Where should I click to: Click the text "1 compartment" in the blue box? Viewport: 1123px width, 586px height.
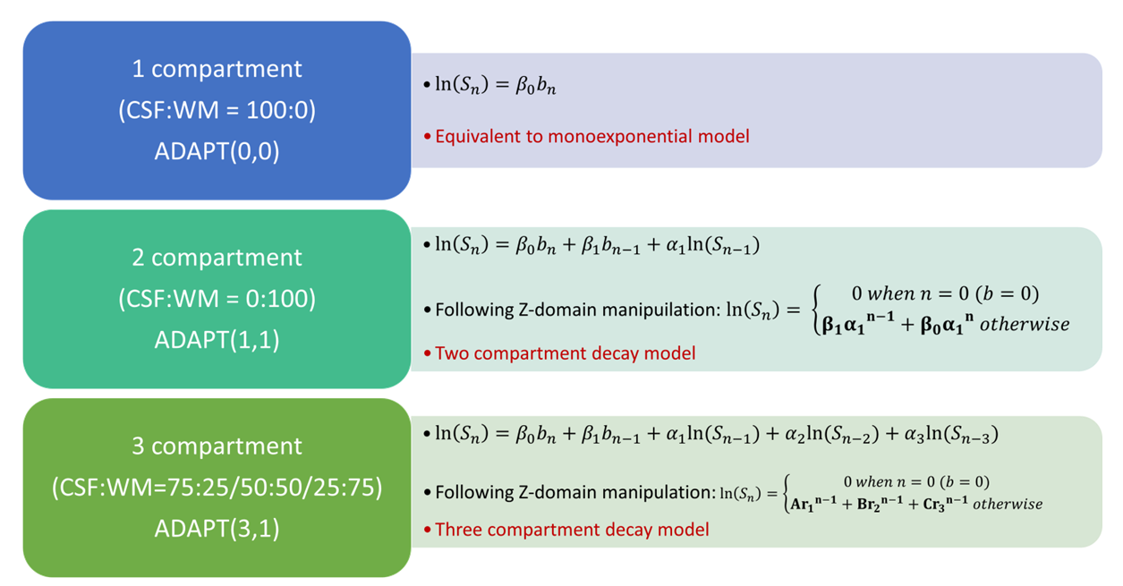click(217, 69)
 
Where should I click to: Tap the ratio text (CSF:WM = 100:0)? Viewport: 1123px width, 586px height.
click(217, 110)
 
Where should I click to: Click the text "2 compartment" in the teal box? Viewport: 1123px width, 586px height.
click(217, 258)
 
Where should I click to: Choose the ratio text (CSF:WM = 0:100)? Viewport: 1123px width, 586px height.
click(217, 299)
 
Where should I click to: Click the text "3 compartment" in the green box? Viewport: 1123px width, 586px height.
click(217, 446)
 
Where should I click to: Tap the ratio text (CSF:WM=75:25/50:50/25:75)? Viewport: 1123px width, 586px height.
click(217, 488)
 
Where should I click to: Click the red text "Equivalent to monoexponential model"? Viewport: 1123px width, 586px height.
click(592, 137)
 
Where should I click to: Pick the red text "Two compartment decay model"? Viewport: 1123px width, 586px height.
click(566, 353)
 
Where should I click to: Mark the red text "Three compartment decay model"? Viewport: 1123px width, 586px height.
click(572, 530)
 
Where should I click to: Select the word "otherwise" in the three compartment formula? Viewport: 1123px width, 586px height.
click(1008, 504)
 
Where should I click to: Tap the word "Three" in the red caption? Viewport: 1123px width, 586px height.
click(457, 530)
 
